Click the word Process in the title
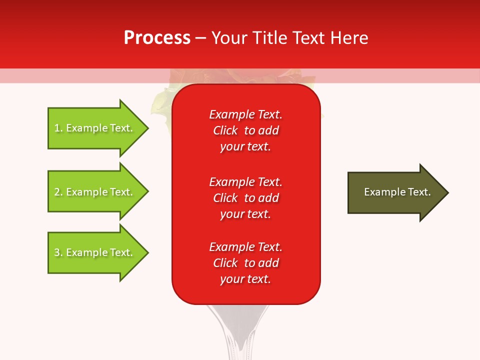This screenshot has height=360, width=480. pyautogui.click(x=157, y=38)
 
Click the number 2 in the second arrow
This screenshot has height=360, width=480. pyautogui.click(x=57, y=192)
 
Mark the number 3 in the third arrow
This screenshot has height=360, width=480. pyautogui.click(x=57, y=252)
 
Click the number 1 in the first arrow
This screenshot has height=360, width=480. pyautogui.click(x=57, y=128)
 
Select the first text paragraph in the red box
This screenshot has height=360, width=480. pyautogui.click(x=245, y=130)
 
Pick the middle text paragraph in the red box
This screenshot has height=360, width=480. pyautogui.click(x=245, y=198)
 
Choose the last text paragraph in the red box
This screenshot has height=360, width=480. pyautogui.click(x=245, y=263)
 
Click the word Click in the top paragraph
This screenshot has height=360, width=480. pyautogui.click(x=225, y=130)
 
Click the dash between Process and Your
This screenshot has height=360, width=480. pyautogui.click(x=200, y=38)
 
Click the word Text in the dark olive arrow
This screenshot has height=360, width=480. pyautogui.click(x=419, y=192)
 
